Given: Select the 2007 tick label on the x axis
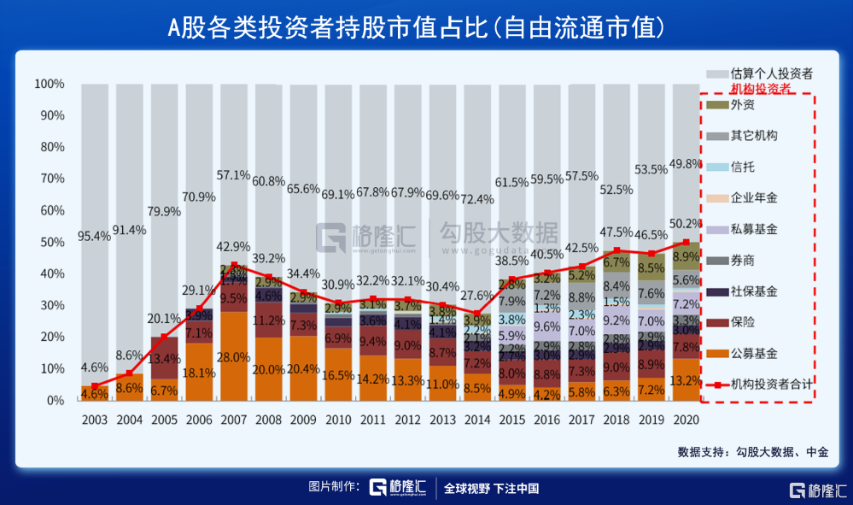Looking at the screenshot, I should (234, 420).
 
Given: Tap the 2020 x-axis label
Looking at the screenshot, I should (686, 420).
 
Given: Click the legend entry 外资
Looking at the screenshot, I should (743, 105).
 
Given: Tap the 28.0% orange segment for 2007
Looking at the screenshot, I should (234, 357).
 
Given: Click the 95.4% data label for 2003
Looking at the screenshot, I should (95, 235).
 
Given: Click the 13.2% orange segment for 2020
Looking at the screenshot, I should (686, 380).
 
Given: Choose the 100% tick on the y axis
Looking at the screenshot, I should (49, 84).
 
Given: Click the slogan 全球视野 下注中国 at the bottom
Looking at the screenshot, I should (491, 489).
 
